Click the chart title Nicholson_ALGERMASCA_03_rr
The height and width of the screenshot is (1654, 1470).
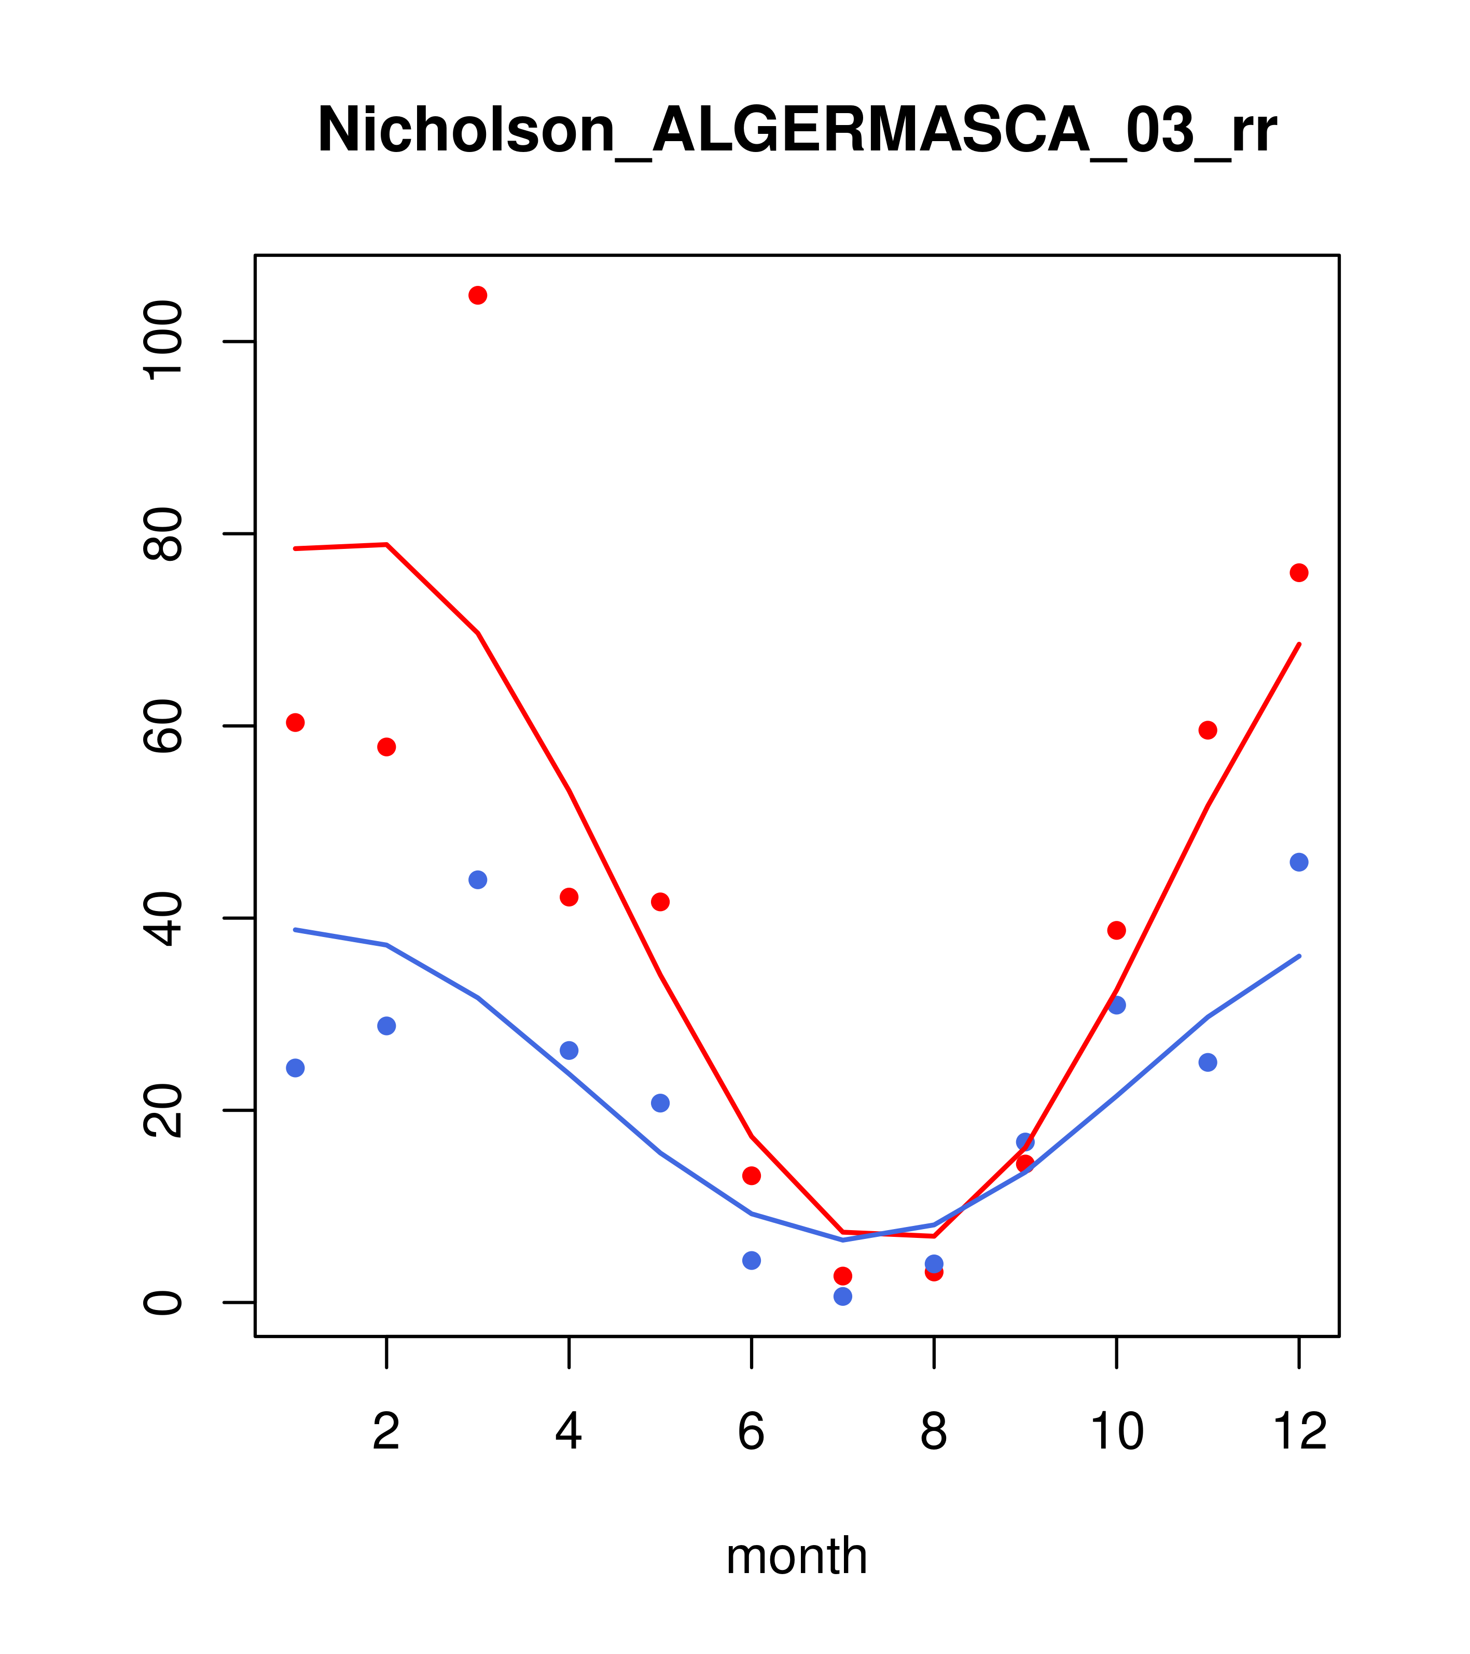[x=797, y=130]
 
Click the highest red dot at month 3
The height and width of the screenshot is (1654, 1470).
[x=478, y=295]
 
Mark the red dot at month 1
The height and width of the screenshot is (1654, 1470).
[x=295, y=723]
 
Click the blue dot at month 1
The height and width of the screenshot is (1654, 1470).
[x=295, y=1068]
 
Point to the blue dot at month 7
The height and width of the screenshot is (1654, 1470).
[x=843, y=1297]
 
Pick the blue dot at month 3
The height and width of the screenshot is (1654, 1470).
[x=478, y=879]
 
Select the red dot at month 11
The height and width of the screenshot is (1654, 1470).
[x=1208, y=730]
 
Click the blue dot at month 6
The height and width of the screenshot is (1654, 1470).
[x=752, y=1260]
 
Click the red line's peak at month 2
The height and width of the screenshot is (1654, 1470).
[x=387, y=545]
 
